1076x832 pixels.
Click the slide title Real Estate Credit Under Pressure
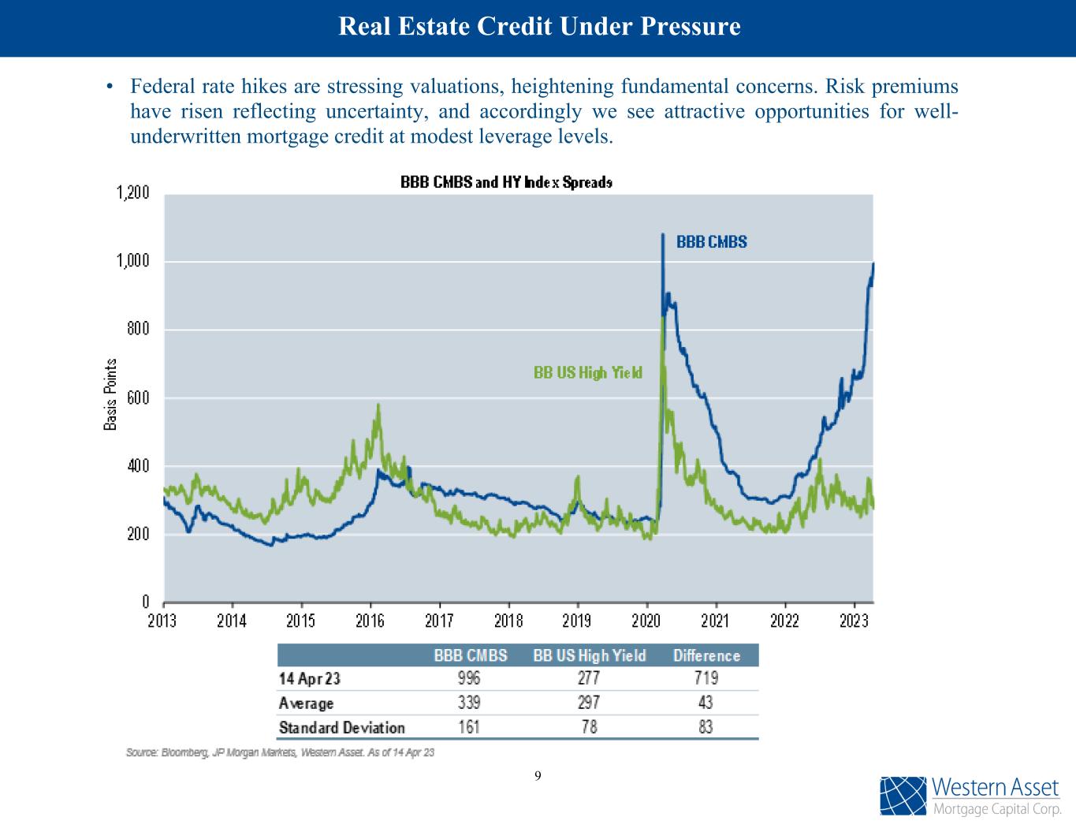pyautogui.click(x=539, y=27)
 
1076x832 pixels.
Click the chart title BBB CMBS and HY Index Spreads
pyautogui.click(x=506, y=182)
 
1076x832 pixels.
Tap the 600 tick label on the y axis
pyautogui.click(x=139, y=398)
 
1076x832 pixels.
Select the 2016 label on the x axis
pyautogui.click(x=370, y=621)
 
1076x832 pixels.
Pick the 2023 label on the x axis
pyautogui.click(x=854, y=621)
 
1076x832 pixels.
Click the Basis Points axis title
pyautogui.click(x=111, y=394)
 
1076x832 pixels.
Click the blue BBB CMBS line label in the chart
pyautogui.click(x=711, y=242)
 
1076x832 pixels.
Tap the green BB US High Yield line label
pyautogui.click(x=588, y=373)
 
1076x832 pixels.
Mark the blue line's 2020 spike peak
pyautogui.click(x=662, y=234)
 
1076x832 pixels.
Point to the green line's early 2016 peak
pyautogui.click(x=378, y=406)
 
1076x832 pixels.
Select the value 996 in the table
pyautogui.click(x=468, y=678)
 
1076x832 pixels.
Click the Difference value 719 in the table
pyautogui.click(x=706, y=678)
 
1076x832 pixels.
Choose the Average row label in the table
pyautogui.click(x=306, y=703)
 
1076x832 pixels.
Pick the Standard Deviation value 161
pyautogui.click(x=468, y=727)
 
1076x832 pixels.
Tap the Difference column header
pyautogui.click(x=706, y=655)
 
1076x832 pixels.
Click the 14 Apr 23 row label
pyautogui.click(x=309, y=678)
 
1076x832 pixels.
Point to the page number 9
pyautogui.click(x=538, y=776)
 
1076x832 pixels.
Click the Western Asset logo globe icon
pyautogui.click(x=903, y=797)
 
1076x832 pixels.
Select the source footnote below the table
pyautogui.click(x=280, y=752)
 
